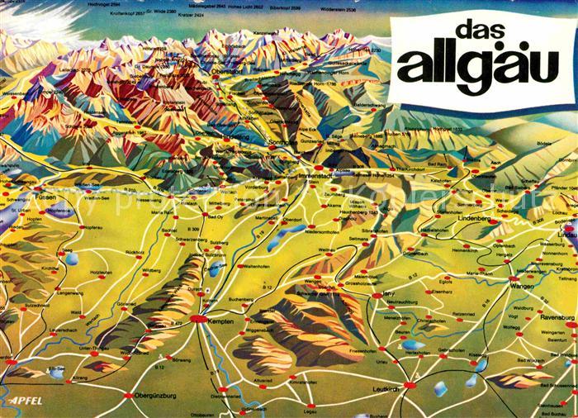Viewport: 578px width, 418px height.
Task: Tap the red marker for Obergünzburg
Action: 129,397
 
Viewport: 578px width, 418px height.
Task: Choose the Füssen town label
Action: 45,198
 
